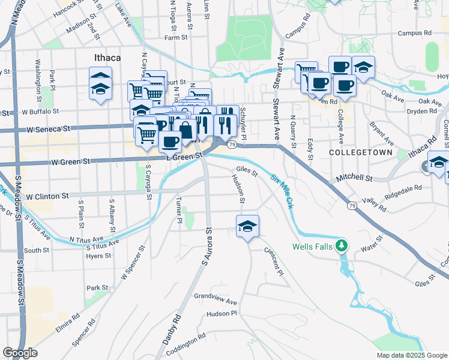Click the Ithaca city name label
coord(107,58)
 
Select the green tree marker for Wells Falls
coord(342,245)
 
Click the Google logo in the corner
coord(20,353)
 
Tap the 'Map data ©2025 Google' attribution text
coord(412,355)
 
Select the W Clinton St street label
coord(46,196)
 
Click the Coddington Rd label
coord(186,341)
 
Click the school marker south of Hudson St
coord(247,226)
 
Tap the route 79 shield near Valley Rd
coord(352,206)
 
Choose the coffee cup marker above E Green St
coord(170,142)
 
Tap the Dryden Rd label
coord(421,111)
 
